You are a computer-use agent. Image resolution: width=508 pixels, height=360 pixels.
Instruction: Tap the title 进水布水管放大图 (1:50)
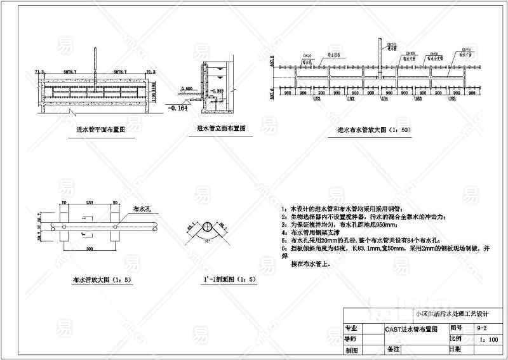coord(373,131)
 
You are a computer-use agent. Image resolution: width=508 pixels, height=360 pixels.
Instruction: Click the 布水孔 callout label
coord(139,208)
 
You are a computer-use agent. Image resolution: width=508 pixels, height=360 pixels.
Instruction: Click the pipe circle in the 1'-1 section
coord(208,229)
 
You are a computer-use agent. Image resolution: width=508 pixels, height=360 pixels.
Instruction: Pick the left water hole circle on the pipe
coord(64,225)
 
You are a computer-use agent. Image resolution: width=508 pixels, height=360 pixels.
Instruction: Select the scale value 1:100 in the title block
coord(489,340)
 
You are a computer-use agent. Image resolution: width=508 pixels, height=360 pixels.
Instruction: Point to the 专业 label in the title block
coord(351,329)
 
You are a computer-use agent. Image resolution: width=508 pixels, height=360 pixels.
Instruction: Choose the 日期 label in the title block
coord(455,349)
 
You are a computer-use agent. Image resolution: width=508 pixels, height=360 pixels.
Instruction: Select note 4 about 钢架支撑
coord(310,232)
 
